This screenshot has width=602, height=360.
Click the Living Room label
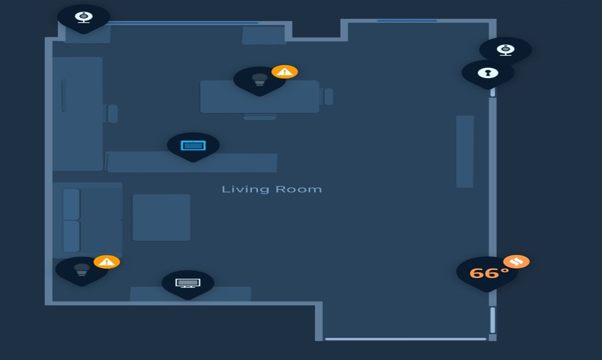coord(271,189)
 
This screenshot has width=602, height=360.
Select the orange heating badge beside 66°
coord(517,261)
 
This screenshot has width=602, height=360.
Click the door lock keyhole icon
coord(488,73)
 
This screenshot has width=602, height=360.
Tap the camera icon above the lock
coord(505,49)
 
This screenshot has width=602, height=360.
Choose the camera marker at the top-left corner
coord(83,17)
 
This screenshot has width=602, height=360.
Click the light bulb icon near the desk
coord(259,79)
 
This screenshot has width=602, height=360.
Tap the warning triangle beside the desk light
coord(284,72)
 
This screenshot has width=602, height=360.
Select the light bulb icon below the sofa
coord(81,269)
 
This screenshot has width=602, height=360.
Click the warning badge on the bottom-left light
coord(106,262)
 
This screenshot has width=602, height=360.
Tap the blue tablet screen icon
coord(193,145)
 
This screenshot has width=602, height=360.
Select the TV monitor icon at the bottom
coord(188,283)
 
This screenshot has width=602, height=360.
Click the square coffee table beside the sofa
coord(161,217)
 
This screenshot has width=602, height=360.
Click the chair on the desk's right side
coord(329,97)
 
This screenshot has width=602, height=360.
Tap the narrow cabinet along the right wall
coord(465,151)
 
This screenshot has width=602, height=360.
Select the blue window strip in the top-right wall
coord(406,21)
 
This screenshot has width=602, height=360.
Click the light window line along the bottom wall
coord(405,339)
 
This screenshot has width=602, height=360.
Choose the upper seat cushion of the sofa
coord(71,204)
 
